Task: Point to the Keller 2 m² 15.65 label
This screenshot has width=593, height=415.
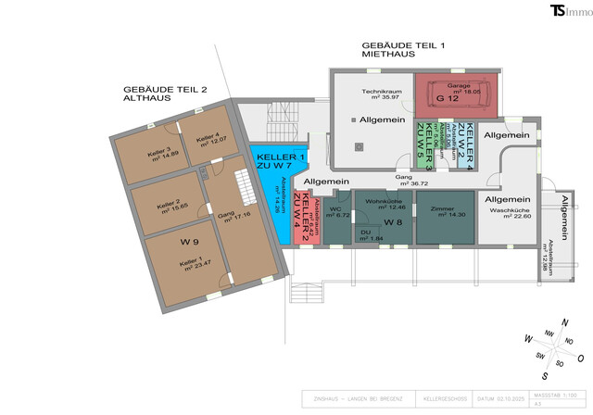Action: [167, 207]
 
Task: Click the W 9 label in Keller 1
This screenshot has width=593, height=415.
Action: [190, 243]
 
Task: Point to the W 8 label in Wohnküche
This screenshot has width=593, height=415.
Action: [392, 222]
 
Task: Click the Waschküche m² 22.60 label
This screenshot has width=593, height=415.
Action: [509, 215]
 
